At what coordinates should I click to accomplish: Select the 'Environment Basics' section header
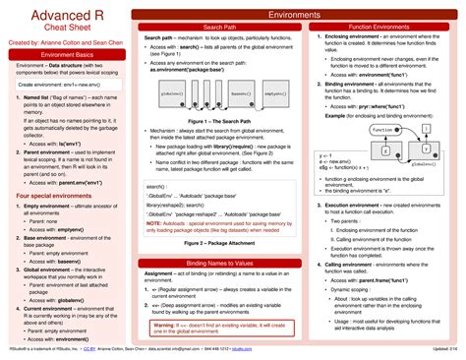pos(65,56)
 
